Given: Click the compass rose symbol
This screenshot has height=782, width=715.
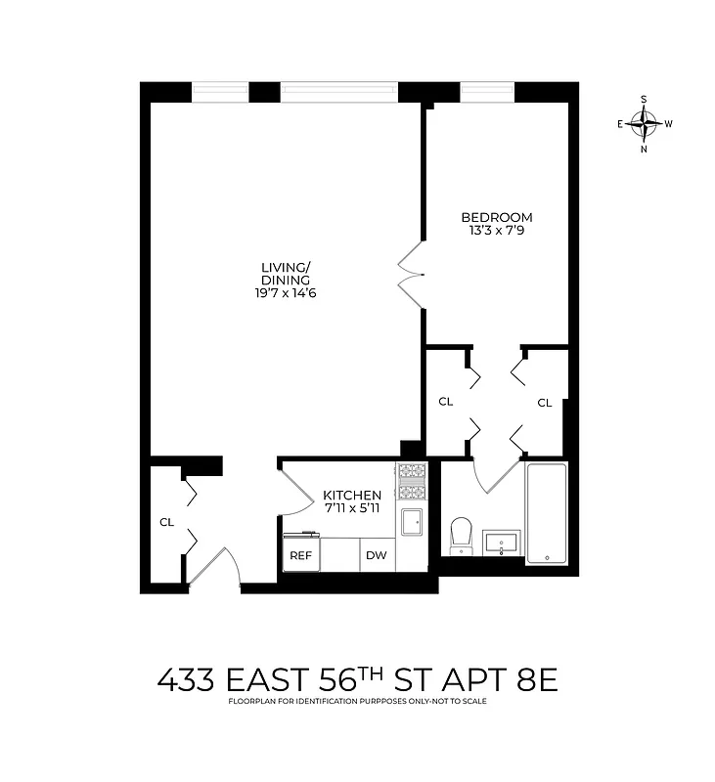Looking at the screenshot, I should (644, 124).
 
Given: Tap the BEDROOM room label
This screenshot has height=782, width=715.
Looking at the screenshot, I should (497, 217).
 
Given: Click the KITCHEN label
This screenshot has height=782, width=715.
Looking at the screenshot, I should (353, 496).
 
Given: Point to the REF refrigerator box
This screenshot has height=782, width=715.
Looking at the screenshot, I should (298, 556).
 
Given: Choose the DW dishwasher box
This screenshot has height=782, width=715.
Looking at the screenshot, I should (377, 556).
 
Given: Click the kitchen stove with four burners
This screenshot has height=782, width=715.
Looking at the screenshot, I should (412, 483).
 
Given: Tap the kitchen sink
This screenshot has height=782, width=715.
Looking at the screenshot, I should (412, 521).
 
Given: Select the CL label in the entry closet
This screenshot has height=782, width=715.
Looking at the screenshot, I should (166, 522).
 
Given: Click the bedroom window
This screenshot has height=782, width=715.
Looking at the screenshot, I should (487, 92).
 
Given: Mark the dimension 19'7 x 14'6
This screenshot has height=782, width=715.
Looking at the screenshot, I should (286, 292).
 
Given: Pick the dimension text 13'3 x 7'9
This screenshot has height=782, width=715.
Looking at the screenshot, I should (497, 231).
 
